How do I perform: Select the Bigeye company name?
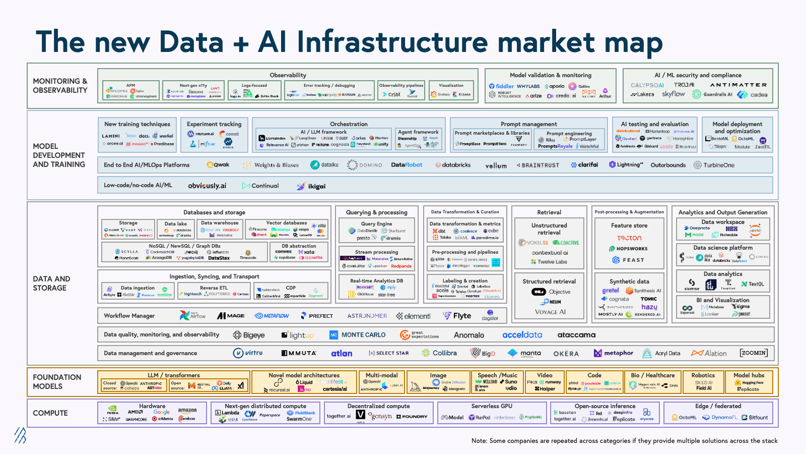coord(249,335)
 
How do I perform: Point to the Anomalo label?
coord(468,335)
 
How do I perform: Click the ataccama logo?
coord(576,335)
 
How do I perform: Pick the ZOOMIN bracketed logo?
coord(754,353)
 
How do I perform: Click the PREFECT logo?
coord(317,316)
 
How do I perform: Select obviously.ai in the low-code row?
coord(207,186)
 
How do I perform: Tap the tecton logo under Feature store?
coord(629,238)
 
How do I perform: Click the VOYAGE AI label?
coord(550,312)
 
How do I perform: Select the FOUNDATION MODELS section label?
coord(56,381)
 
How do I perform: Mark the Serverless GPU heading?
coord(492,406)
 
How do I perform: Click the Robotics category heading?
coord(703,375)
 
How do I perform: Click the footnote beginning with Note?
coord(624,441)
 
